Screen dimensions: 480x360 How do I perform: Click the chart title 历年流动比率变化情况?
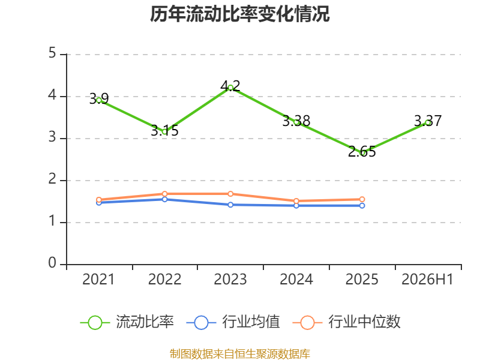(239, 14)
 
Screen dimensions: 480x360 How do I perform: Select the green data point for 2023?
(230, 88)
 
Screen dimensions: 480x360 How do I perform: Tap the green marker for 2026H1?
(428, 123)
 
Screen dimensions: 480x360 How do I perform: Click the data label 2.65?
(362, 152)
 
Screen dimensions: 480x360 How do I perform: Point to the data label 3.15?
(164, 131)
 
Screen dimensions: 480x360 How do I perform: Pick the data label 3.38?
(296, 121)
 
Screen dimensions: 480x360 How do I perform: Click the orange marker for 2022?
(164, 194)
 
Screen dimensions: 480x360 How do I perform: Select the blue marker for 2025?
(362, 206)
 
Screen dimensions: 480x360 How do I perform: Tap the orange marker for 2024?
(296, 201)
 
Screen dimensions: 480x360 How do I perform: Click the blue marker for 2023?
(230, 205)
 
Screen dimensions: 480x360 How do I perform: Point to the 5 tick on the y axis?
(52, 53)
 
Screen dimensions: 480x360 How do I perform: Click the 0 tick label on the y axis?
(52, 263)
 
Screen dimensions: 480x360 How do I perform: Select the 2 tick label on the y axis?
(52, 179)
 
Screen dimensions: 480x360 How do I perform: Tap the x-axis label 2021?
(98, 280)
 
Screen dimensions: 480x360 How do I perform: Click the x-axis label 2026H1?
(427, 280)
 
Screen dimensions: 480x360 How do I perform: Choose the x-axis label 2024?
(296, 280)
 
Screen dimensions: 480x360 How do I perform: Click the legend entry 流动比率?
(127, 322)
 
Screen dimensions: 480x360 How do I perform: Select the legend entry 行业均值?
(233, 322)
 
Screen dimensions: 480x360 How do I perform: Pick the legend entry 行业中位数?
(346, 322)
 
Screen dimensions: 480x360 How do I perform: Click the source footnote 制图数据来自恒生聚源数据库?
(240, 354)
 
